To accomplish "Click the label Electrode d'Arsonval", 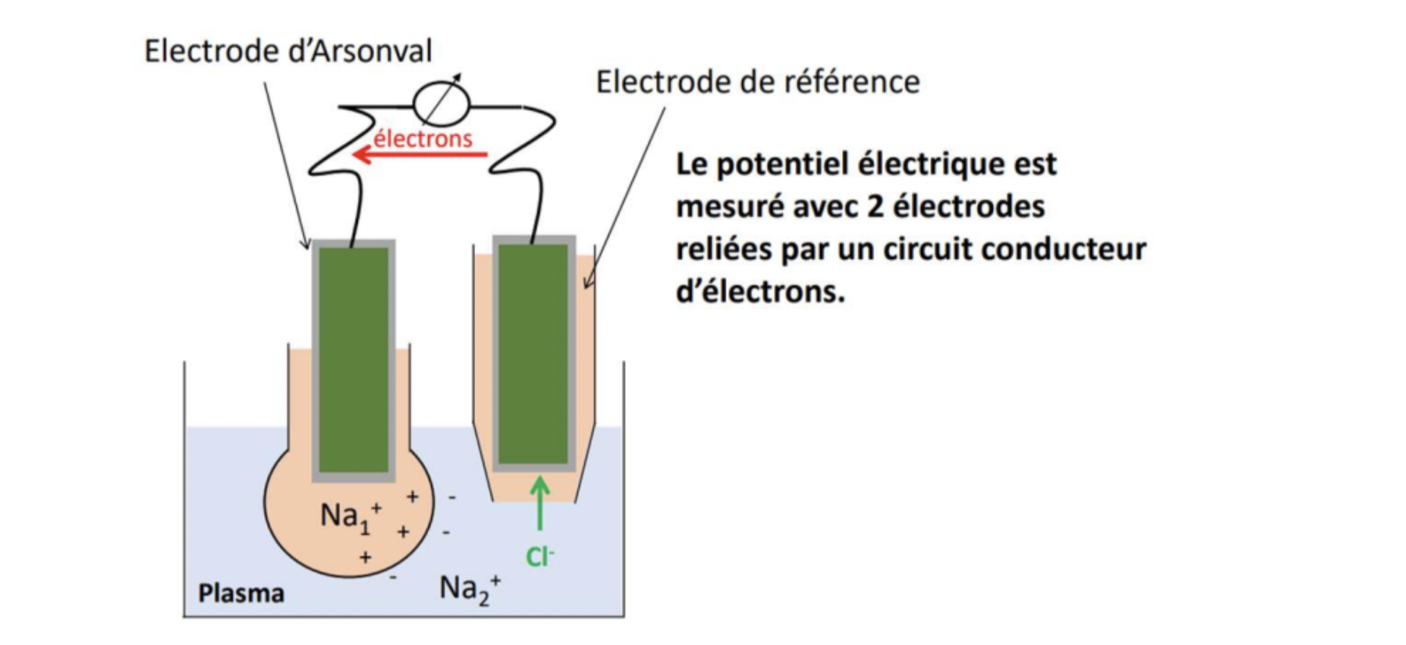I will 287,52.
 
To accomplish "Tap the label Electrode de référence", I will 757,82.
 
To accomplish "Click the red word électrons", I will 423,138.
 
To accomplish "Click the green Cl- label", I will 539,556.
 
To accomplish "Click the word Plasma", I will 241,593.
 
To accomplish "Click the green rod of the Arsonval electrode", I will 354,359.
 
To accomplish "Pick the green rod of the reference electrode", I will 533,353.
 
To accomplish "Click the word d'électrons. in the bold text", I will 760,292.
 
